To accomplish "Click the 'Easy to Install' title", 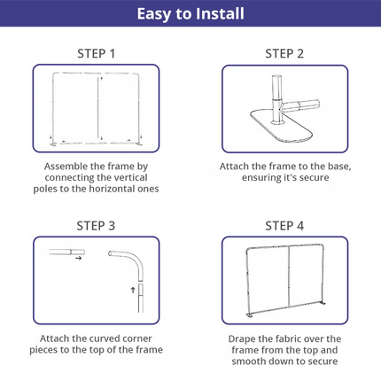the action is [x=190, y=13].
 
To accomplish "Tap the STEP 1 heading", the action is [x=96, y=54].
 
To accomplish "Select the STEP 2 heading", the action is [x=284, y=54].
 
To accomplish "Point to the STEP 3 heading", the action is [x=96, y=226].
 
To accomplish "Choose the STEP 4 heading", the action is [x=284, y=226].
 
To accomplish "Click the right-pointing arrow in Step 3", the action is [x=78, y=259].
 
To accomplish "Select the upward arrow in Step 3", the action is [x=133, y=290].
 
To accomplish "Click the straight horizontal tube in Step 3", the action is [x=67, y=253].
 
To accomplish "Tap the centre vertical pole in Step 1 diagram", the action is [x=98, y=109].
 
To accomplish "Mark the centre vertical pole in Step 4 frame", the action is [x=289, y=276].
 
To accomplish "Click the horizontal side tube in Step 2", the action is [x=301, y=105].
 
